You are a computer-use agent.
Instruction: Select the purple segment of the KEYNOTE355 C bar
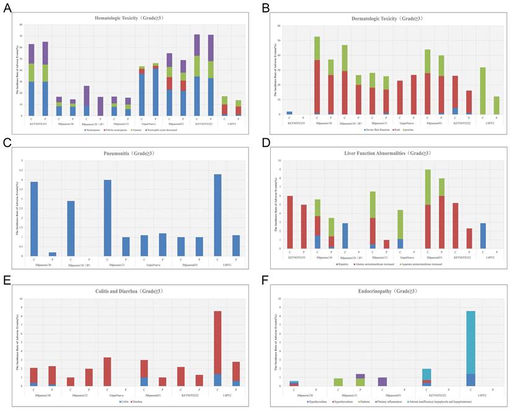point(32,54)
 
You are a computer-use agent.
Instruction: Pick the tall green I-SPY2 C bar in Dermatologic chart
point(481,91)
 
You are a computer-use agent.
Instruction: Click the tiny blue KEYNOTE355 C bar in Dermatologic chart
point(289,112)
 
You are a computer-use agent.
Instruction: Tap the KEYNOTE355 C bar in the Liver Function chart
point(289,222)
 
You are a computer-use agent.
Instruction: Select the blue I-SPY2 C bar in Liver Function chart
point(481,236)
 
